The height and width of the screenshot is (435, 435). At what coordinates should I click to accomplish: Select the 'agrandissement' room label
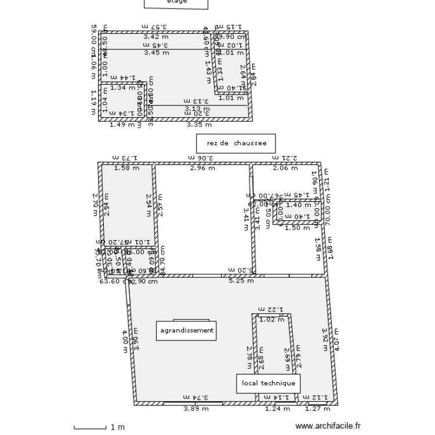[x=186, y=331]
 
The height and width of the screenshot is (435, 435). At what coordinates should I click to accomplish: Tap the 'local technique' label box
[x=268, y=383]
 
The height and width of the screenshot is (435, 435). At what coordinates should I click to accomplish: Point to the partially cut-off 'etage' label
[x=176, y=2]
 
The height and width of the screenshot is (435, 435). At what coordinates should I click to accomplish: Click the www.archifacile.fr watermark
[x=328, y=426]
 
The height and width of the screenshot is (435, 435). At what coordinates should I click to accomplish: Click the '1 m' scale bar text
[x=118, y=427]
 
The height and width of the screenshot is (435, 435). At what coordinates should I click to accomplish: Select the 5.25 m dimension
[x=241, y=281]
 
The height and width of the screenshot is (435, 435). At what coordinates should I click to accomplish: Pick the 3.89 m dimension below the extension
[x=195, y=409]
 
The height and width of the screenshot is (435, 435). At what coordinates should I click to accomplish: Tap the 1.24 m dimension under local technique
[x=277, y=409]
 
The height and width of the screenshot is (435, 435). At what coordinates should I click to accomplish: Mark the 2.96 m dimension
[x=203, y=168]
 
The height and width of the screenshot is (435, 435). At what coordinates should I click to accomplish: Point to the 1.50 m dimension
[x=298, y=228]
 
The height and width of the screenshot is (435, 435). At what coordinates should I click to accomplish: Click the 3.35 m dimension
[x=199, y=124]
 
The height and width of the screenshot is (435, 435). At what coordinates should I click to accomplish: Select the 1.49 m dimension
[x=121, y=124]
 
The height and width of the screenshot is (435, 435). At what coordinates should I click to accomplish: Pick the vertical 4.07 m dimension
[x=338, y=340]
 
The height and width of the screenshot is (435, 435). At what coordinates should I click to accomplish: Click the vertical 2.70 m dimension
[x=95, y=205]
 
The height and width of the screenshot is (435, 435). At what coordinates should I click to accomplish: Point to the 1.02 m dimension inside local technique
[x=271, y=319]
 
